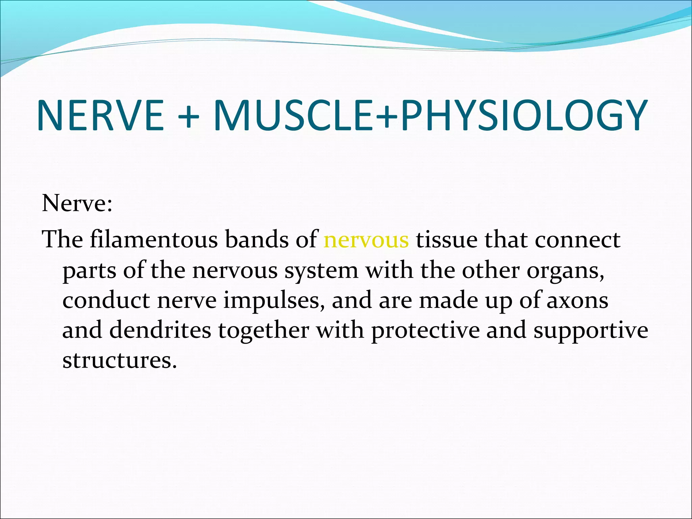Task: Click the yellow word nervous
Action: tap(366, 240)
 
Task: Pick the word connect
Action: tap(577, 240)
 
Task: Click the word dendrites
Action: tap(160, 330)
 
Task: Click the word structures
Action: tap(119, 360)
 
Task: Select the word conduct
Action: tap(106, 300)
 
